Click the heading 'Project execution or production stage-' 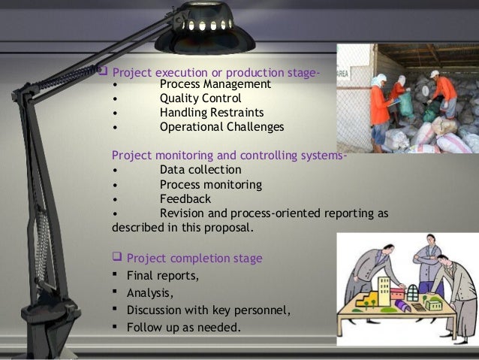tap(216, 73)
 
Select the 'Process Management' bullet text tap(215, 84)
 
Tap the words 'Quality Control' tap(200, 98)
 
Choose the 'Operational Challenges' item tap(221, 127)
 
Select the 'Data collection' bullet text tap(200, 170)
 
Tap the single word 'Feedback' tap(185, 198)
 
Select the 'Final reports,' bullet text tap(163, 275)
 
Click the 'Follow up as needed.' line tap(184, 327)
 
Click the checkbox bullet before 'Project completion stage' tap(116, 259)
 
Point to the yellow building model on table tap(385, 289)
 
